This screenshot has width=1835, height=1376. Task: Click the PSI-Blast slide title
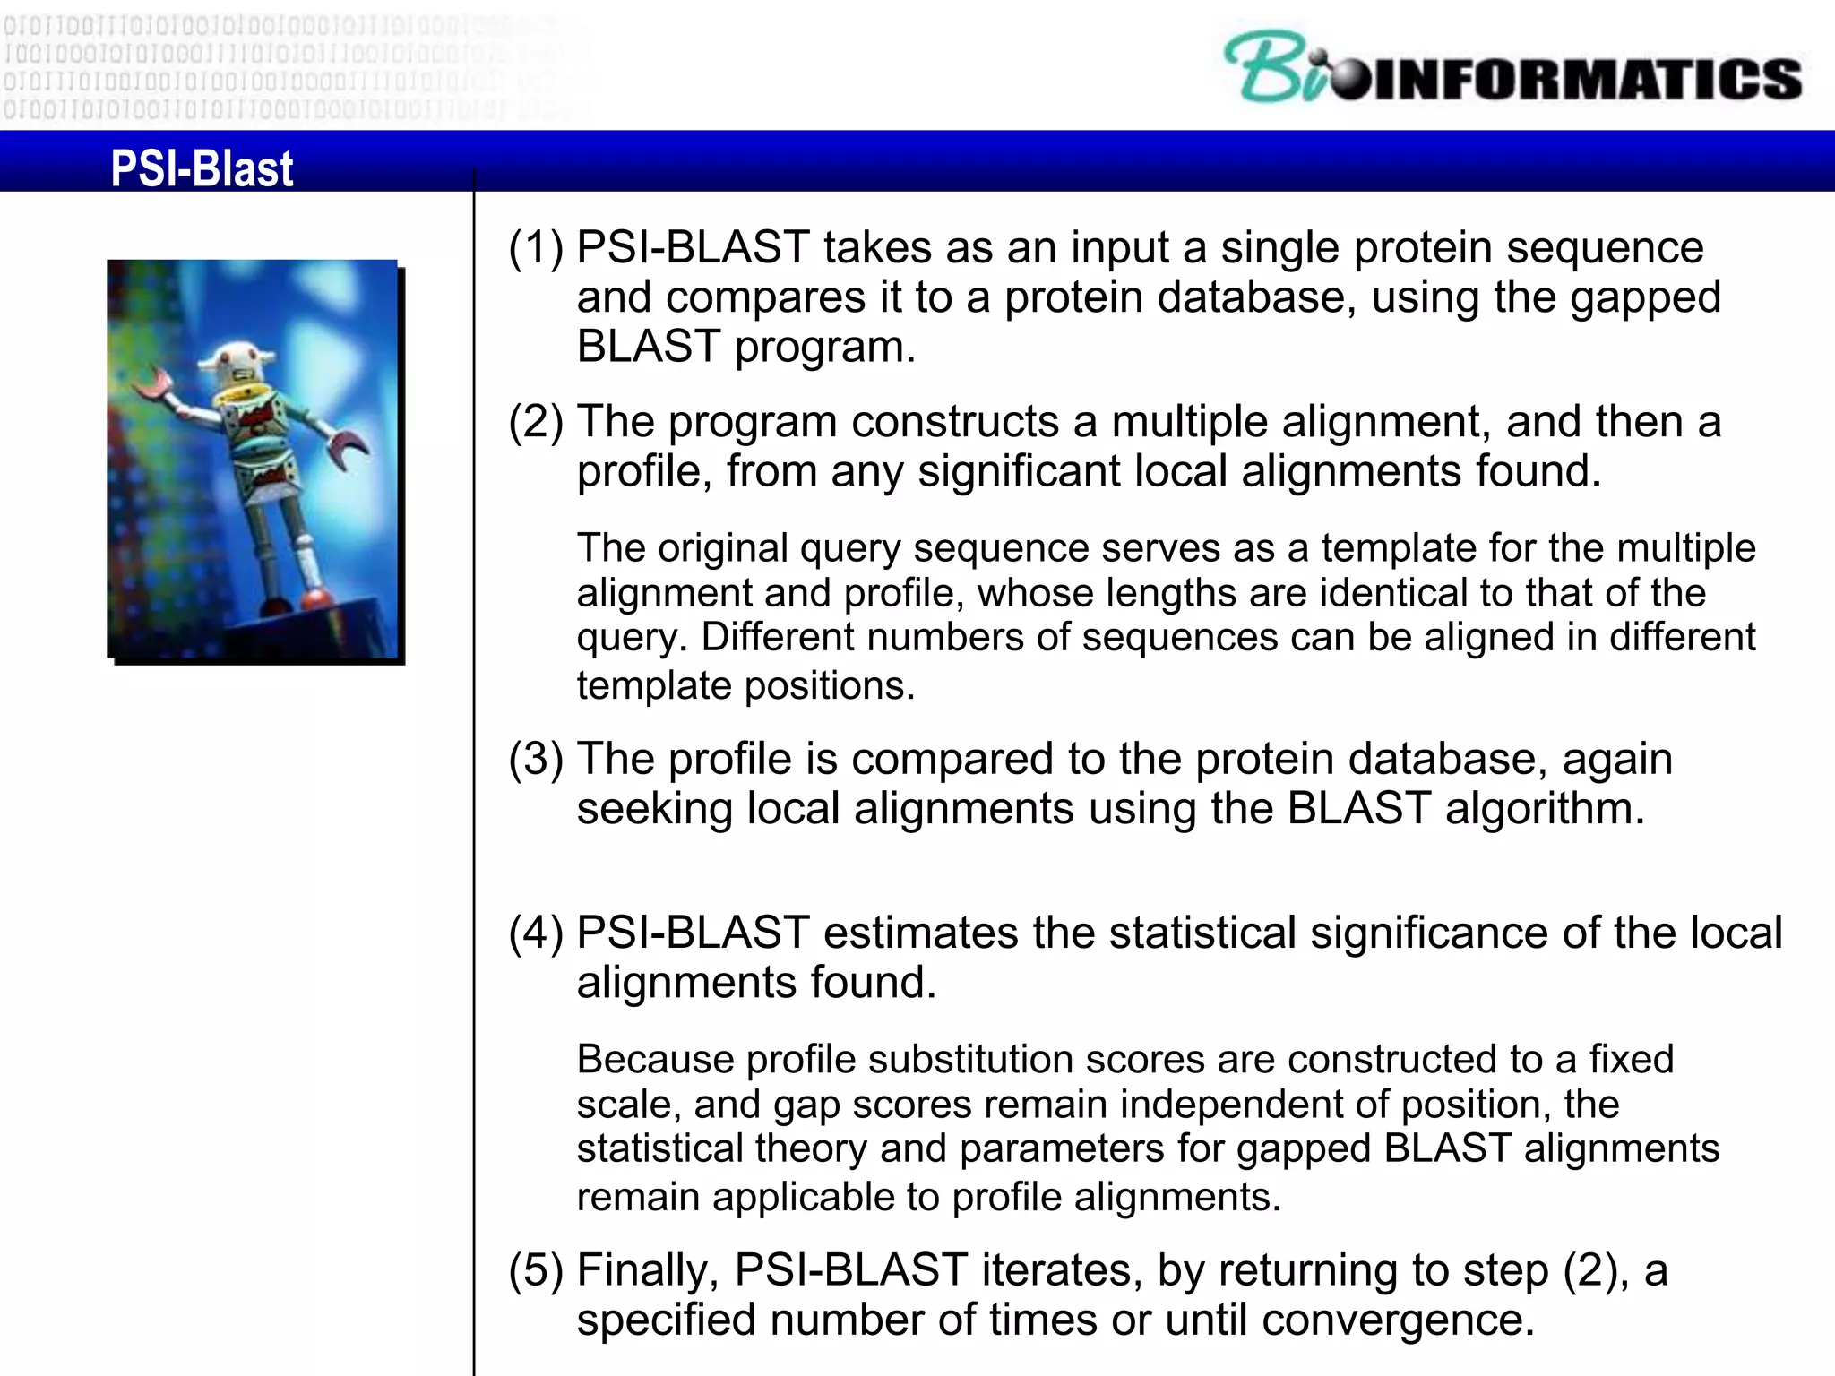tap(202, 168)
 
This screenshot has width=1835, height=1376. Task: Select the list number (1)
tap(536, 248)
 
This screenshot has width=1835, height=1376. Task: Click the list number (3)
tap(536, 760)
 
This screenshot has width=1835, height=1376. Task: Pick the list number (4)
tap(536, 933)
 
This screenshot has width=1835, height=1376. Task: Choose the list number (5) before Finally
tap(536, 1271)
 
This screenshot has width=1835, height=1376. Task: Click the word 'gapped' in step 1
tap(1645, 298)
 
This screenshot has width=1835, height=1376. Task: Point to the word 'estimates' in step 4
tap(921, 933)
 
